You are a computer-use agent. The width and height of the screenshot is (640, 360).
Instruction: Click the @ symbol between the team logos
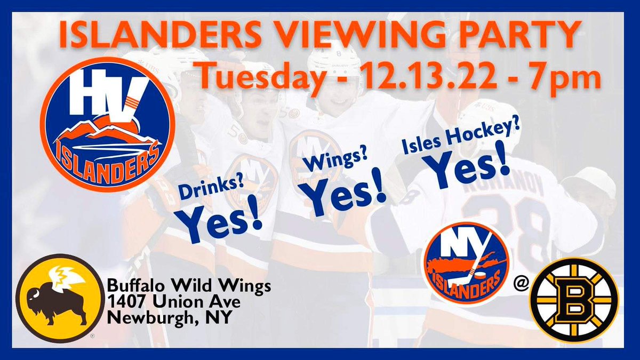tap(521, 286)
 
